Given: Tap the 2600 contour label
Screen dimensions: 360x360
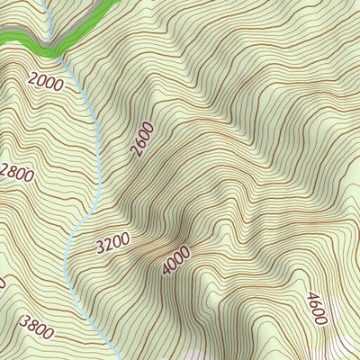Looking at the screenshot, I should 142,139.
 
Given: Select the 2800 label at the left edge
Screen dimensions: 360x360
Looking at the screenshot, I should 17,173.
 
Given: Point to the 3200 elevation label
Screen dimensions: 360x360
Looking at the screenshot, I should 112,241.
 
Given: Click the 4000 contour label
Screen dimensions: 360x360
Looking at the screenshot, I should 176,259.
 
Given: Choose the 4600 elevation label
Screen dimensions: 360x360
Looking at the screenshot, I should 316,309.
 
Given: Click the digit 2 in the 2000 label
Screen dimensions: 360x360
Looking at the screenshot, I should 32,78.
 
